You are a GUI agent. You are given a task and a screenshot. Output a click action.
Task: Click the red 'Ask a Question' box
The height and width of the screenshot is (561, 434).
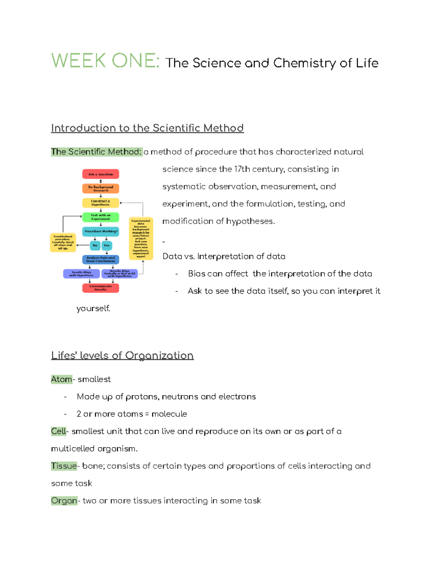click(x=101, y=174)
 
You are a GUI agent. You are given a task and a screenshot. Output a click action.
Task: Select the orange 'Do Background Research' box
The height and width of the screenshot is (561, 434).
click(x=101, y=189)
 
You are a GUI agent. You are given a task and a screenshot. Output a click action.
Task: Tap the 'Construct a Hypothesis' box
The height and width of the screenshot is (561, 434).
click(x=101, y=203)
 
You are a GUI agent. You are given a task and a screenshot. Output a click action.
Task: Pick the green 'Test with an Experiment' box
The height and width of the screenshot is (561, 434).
click(x=101, y=217)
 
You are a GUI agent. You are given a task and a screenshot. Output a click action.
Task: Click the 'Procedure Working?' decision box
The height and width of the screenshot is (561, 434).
click(x=101, y=231)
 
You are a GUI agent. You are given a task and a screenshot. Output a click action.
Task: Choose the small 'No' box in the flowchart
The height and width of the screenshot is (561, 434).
click(x=95, y=245)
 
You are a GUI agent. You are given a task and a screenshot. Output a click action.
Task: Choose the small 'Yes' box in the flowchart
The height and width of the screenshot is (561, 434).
click(x=107, y=245)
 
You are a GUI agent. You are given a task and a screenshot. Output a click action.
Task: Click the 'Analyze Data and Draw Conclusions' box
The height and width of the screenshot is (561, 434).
click(x=101, y=259)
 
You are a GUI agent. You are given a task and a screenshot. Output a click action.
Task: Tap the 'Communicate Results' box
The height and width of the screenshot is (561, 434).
click(x=101, y=288)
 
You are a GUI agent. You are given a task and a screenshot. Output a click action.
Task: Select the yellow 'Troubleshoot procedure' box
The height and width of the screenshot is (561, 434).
click(x=63, y=242)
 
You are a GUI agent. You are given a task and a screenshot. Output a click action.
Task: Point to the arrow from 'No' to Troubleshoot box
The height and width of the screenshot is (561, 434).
click(x=83, y=245)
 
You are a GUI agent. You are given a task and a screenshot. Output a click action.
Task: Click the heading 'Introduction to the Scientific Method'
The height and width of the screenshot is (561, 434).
click(x=147, y=128)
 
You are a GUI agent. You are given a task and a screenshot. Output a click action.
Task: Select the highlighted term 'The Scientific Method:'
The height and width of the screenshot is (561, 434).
click(x=96, y=152)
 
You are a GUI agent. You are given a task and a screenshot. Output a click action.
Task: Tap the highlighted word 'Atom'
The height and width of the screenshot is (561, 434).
click(x=61, y=379)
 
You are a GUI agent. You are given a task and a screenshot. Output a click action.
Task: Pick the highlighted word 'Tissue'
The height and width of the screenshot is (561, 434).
click(x=64, y=466)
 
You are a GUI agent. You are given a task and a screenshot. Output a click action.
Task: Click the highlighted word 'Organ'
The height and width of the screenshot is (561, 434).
click(x=64, y=501)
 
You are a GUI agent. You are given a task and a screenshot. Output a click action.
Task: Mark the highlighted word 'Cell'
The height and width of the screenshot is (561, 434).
click(x=59, y=431)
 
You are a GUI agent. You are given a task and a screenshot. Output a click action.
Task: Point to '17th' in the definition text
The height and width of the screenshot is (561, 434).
click(x=242, y=169)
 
